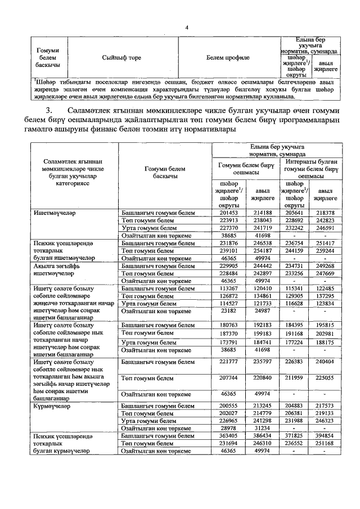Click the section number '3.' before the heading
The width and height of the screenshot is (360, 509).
coord(52,109)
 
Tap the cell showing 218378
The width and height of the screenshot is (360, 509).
coord(324,213)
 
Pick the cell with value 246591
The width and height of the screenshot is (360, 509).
coord(324,229)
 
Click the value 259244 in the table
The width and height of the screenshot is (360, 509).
coord(324,250)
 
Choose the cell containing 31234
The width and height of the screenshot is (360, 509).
coord(262,427)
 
